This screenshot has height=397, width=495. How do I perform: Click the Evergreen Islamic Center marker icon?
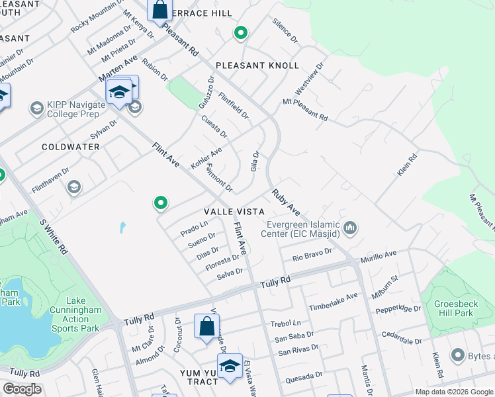(350, 229)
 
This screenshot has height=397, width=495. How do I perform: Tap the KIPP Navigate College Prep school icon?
(36, 107)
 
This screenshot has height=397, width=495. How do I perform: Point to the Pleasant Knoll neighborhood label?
(257, 66)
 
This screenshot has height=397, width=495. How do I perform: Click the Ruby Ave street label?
(286, 202)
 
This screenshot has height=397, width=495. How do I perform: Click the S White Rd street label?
(53, 236)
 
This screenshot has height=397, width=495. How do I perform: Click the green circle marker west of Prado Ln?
(159, 202)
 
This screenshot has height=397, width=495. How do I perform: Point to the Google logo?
(22, 389)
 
